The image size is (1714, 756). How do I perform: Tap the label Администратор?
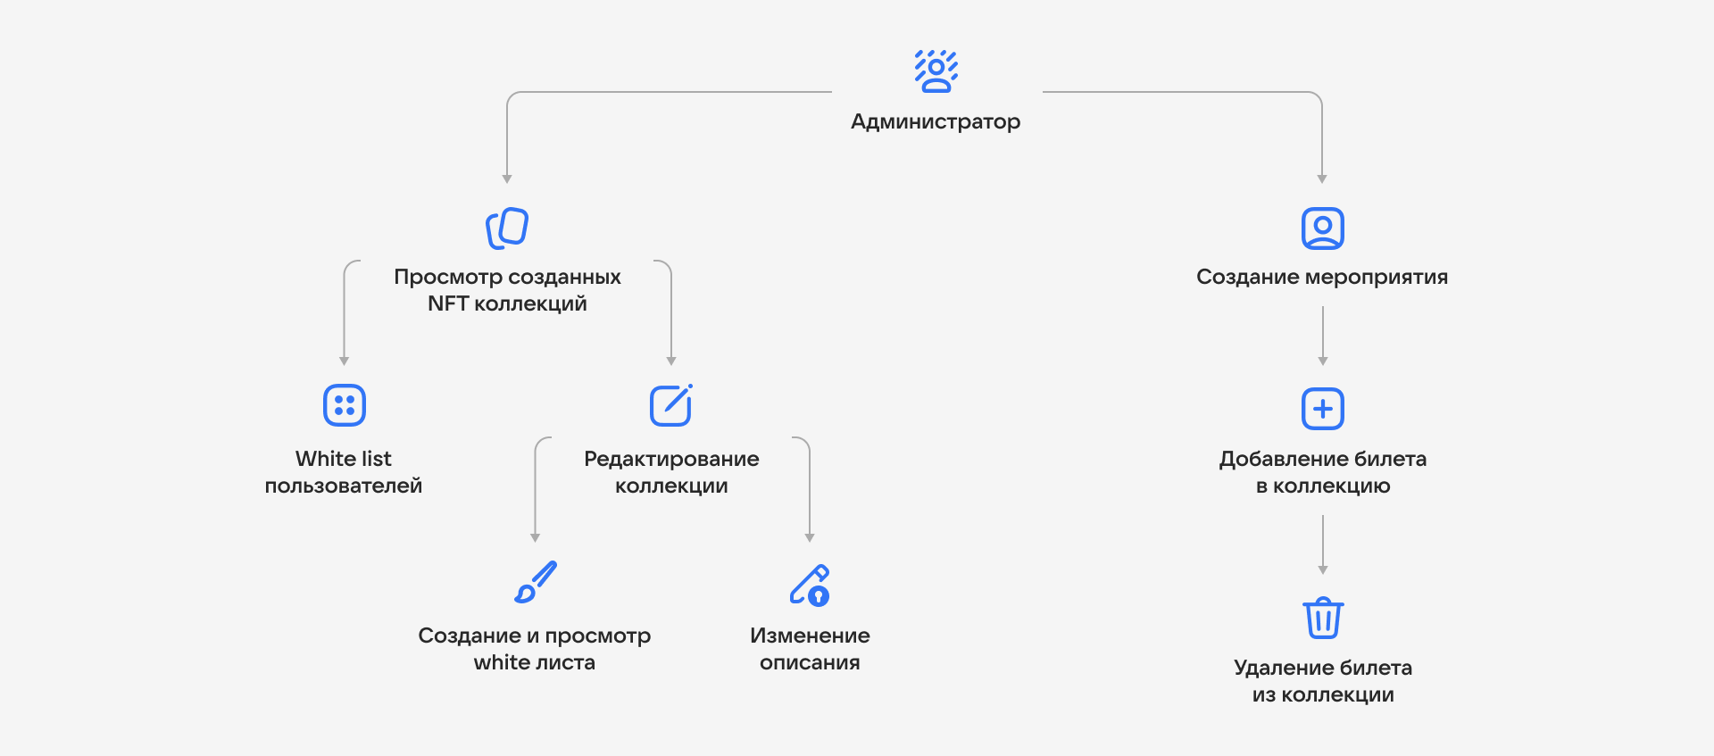click(936, 121)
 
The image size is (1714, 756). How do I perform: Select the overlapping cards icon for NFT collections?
click(507, 228)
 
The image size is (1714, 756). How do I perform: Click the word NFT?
click(448, 303)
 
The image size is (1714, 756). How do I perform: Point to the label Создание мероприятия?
click(1322, 277)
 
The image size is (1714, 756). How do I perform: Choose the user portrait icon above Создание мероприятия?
click(1323, 228)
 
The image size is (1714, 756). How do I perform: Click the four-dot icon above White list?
click(345, 405)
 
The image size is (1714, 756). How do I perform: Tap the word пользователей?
click(344, 486)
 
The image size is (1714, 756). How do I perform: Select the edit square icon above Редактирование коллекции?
click(671, 405)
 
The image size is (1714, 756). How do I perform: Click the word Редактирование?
click(671, 459)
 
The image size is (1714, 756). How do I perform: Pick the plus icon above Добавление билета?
click(1323, 409)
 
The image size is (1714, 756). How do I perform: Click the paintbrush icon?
click(536, 582)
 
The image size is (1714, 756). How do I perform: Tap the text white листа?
click(534, 662)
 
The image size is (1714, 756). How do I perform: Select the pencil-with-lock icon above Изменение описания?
click(810, 585)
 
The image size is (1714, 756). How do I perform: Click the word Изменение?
click(810, 636)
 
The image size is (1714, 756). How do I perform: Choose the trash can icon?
click(1323, 618)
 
